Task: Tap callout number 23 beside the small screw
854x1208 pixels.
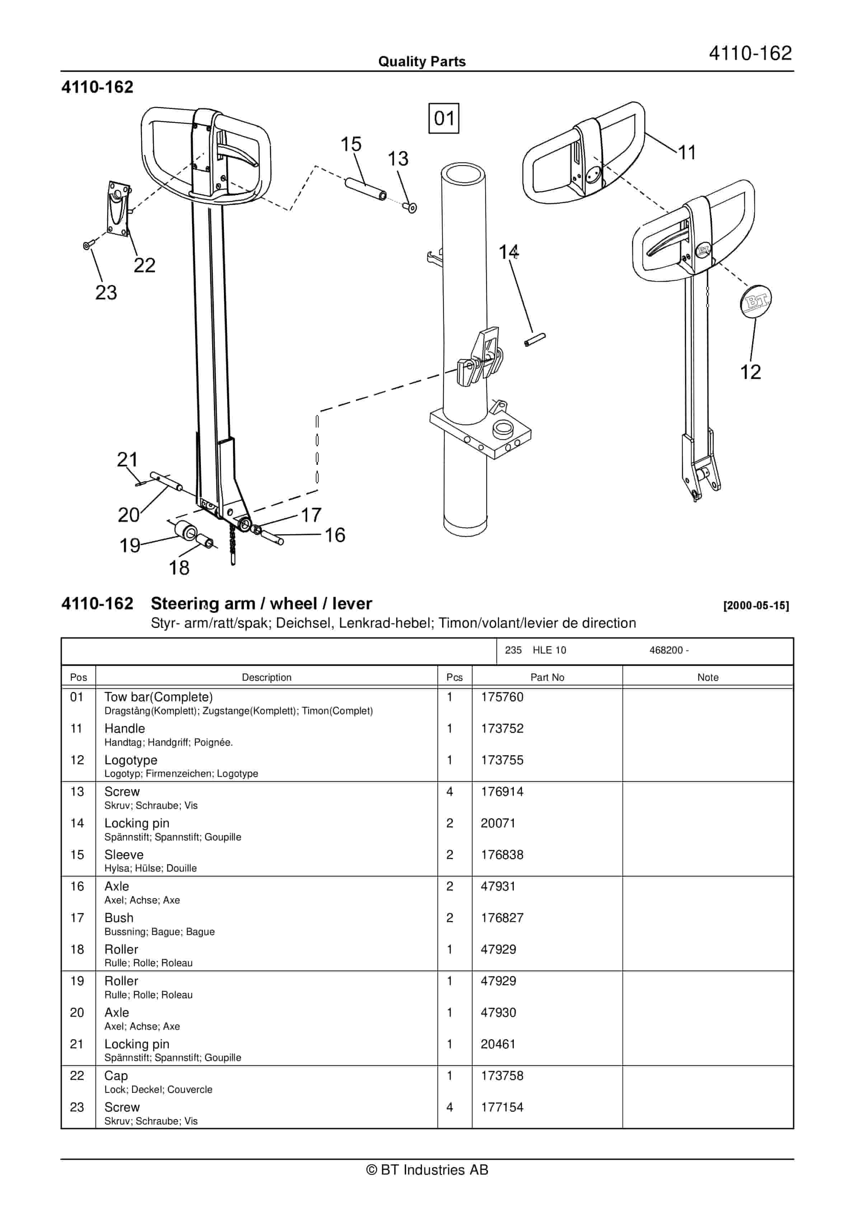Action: point(106,293)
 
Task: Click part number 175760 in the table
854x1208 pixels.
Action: point(502,697)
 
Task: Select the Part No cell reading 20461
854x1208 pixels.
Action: point(498,1044)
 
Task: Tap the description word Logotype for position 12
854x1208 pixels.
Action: point(131,760)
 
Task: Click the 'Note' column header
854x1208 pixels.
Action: point(707,678)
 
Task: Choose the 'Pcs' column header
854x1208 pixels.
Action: point(454,678)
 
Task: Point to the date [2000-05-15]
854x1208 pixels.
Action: point(756,605)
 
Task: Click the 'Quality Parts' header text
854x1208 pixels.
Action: point(422,62)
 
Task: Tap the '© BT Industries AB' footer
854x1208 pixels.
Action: point(427,1170)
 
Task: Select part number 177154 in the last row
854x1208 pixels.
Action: point(502,1108)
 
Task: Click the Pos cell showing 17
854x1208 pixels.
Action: point(77,918)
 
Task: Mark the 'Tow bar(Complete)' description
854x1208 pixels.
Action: point(159,697)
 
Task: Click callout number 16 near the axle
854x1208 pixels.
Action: point(334,535)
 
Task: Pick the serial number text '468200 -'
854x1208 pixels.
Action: point(669,650)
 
